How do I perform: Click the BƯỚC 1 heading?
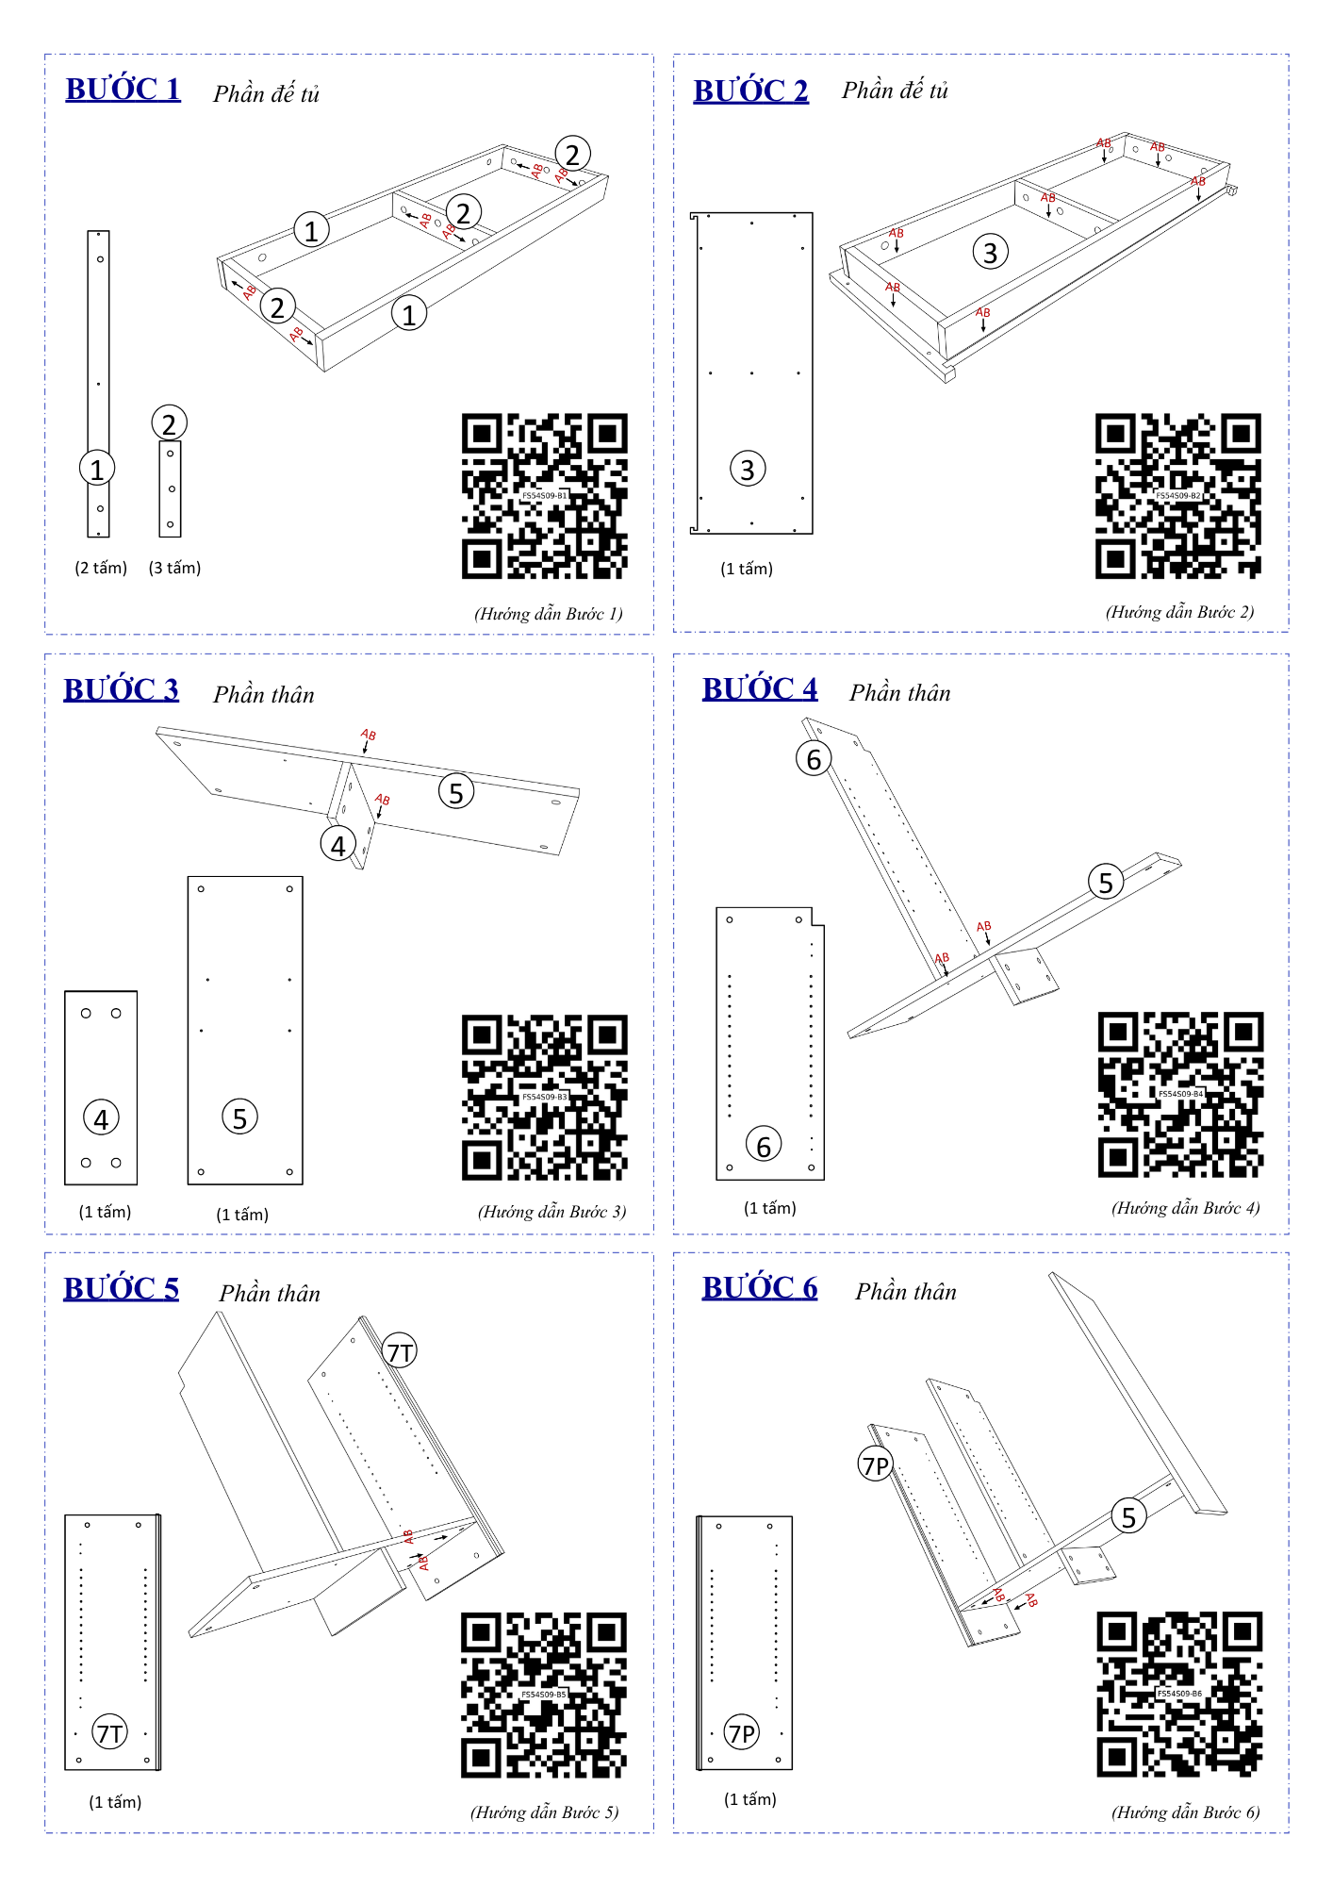coord(123,89)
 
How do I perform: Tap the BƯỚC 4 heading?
coord(760,688)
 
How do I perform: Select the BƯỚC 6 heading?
coord(760,1287)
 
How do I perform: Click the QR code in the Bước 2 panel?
coord(1177,496)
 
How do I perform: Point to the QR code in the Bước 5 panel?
coord(544,1695)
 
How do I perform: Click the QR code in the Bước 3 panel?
coord(545,1098)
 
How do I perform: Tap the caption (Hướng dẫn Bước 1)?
coord(549,614)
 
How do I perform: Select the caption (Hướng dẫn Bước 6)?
coord(1186,1812)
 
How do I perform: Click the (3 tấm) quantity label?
coord(175,568)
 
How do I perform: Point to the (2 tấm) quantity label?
coord(101,568)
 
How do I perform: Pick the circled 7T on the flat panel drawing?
coord(110,1732)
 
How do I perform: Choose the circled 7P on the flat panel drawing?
coord(742,1732)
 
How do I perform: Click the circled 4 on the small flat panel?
coord(102,1118)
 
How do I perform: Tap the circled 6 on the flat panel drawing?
coord(764,1146)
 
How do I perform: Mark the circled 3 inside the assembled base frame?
coord(991,252)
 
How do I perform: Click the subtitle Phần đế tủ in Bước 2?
coord(895,91)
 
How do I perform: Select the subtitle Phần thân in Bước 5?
coord(270,1293)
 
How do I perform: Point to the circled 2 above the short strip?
coord(170,423)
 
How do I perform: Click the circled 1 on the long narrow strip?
coord(97,469)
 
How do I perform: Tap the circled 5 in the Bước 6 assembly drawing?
coord(1128,1516)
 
